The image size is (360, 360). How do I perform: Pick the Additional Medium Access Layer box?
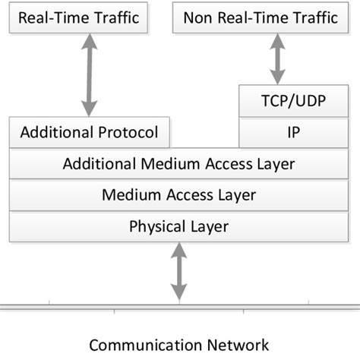[x=178, y=163]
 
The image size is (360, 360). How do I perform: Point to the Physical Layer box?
[x=178, y=226]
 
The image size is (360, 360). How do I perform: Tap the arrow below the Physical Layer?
[x=178, y=271]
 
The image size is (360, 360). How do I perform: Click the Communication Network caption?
[x=178, y=345]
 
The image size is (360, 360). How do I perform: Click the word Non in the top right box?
[x=197, y=17]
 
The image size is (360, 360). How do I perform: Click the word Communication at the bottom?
[x=148, y=345]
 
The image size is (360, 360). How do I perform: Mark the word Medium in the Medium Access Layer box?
[x=128, y=195]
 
